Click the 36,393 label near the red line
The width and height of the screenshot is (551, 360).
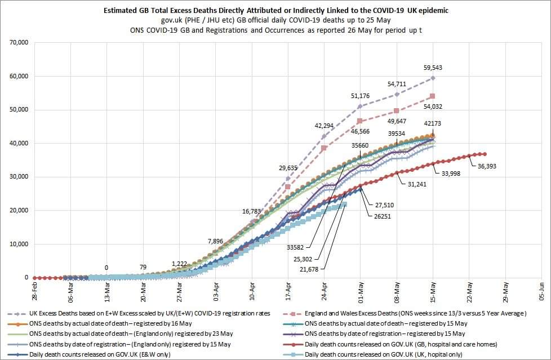[488, 166]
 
